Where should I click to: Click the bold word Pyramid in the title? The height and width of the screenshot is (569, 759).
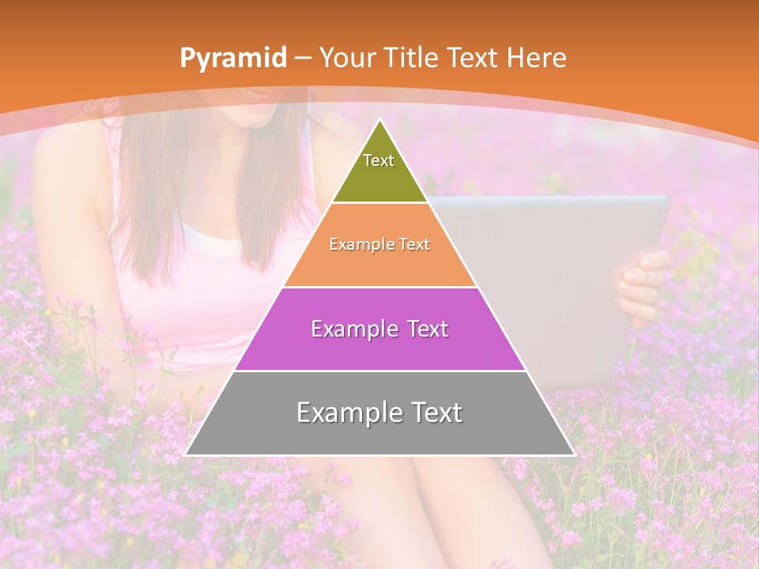pyautogui.click(x=232, y=58)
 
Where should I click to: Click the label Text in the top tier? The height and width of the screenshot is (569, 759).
pyautogui.click(x=379, y=160)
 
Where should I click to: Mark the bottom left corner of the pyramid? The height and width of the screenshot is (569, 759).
pyautogui.click(x=186, y=454)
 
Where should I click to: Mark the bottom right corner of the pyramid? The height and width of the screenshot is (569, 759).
pyautogui.click(x=575, y=454)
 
